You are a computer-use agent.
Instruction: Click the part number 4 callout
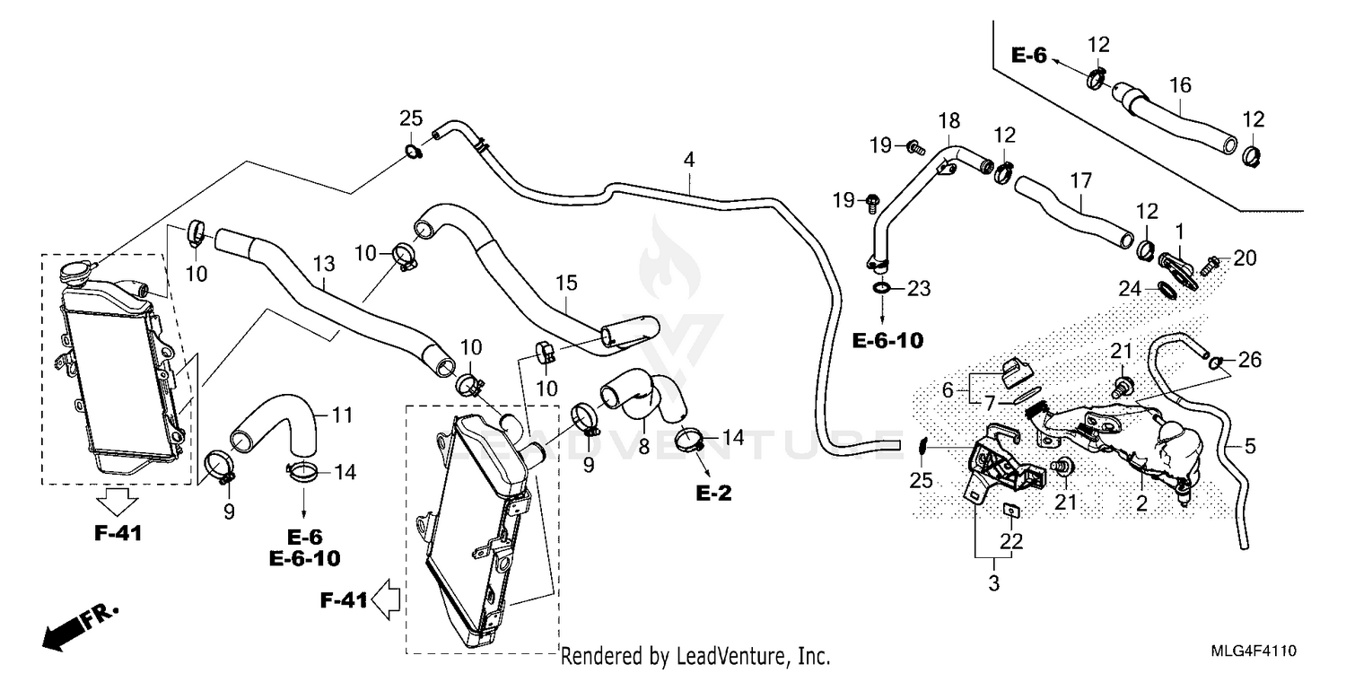688,162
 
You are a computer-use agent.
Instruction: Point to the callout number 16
1180,85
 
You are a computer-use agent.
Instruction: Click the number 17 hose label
1081,180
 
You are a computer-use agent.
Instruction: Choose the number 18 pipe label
948,121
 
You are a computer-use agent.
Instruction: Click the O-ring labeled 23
882,288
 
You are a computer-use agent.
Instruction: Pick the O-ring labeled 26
1214,363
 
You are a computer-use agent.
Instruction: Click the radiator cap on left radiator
75,270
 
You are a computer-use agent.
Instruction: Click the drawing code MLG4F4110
1259,649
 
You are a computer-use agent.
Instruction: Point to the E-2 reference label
713,493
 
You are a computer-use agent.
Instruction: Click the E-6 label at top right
1029,56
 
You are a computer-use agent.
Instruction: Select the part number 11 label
341,415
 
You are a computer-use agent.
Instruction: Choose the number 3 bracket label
992,584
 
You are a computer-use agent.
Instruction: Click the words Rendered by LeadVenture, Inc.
695,656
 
